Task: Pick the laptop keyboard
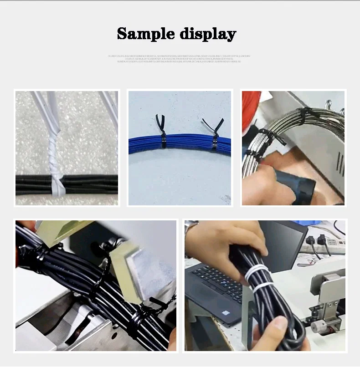click(x=219, y=282)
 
